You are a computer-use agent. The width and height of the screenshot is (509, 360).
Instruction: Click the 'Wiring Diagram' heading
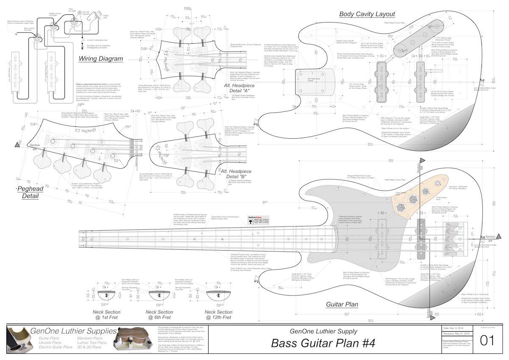101,59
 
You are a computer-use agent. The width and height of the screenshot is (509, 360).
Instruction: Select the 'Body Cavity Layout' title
367,14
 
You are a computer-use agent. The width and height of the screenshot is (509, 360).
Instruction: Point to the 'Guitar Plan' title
342,304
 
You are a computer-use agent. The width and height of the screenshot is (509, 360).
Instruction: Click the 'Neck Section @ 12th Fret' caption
218,315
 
